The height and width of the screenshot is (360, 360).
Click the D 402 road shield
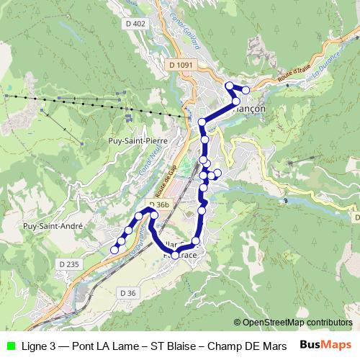[x=135, y=24]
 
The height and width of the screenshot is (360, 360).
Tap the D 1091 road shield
[x=181, y=65]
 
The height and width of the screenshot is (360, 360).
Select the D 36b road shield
[x=160, y=205]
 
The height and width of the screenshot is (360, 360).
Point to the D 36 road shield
[x=127, y=292]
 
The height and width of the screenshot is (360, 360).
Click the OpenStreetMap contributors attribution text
[x=293, y=323]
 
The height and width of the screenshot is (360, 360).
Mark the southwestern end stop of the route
[x=114, y=250]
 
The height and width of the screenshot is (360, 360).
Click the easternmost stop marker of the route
[x=246, y=90]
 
